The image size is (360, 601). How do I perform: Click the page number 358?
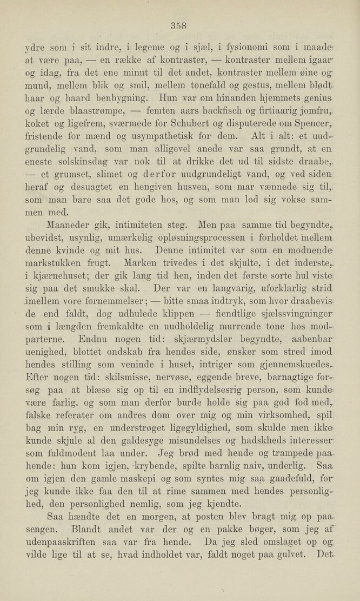coord(178,24)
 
